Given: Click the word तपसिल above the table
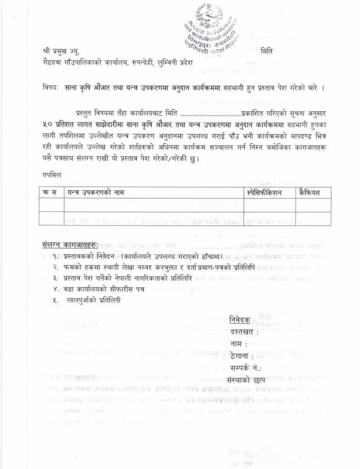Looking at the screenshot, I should click(x=52, y=175).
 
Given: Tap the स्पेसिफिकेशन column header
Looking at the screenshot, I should click(x=268, y=193).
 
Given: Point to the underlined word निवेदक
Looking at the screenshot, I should click(x=239, y=320).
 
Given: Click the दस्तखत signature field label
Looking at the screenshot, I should click(x=244, y=332).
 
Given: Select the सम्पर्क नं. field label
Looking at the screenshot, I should click(x=246, y=368).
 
